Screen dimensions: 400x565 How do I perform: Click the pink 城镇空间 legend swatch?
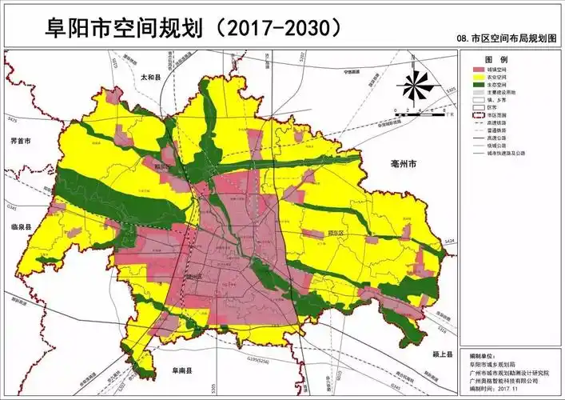click(x=475, y=71)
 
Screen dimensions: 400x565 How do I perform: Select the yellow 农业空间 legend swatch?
click(x=475, y=78)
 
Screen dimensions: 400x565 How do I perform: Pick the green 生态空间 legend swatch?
click(x=475, y=86)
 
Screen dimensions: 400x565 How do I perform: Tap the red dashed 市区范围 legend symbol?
click(x=475, y=116)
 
